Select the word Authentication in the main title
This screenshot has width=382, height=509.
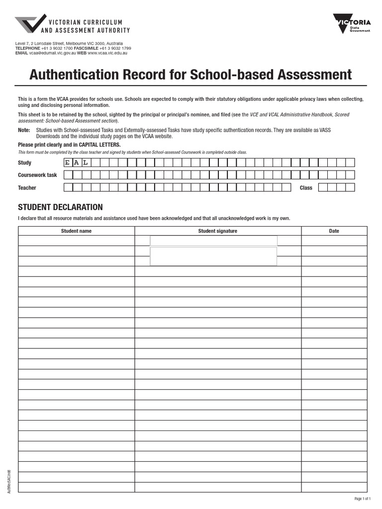click(74, 75)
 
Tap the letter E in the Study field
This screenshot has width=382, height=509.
click(68, 163)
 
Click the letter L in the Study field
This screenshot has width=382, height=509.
click(86, 163)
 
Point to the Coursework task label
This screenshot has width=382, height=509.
click(37, 175)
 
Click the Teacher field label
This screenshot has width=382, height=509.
click(27, 188)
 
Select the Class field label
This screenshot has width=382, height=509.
click(306, 188)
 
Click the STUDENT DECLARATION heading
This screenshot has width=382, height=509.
click(60, 207)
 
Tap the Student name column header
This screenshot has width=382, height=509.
click(76, 231)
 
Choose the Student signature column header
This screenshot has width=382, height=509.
click(217, 231)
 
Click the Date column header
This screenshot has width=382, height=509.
click(334, 231)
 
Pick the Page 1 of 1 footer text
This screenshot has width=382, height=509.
click(362, 499)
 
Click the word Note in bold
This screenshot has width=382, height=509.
click(24, 130)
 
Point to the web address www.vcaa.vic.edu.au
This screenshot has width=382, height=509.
click(107, 53)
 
